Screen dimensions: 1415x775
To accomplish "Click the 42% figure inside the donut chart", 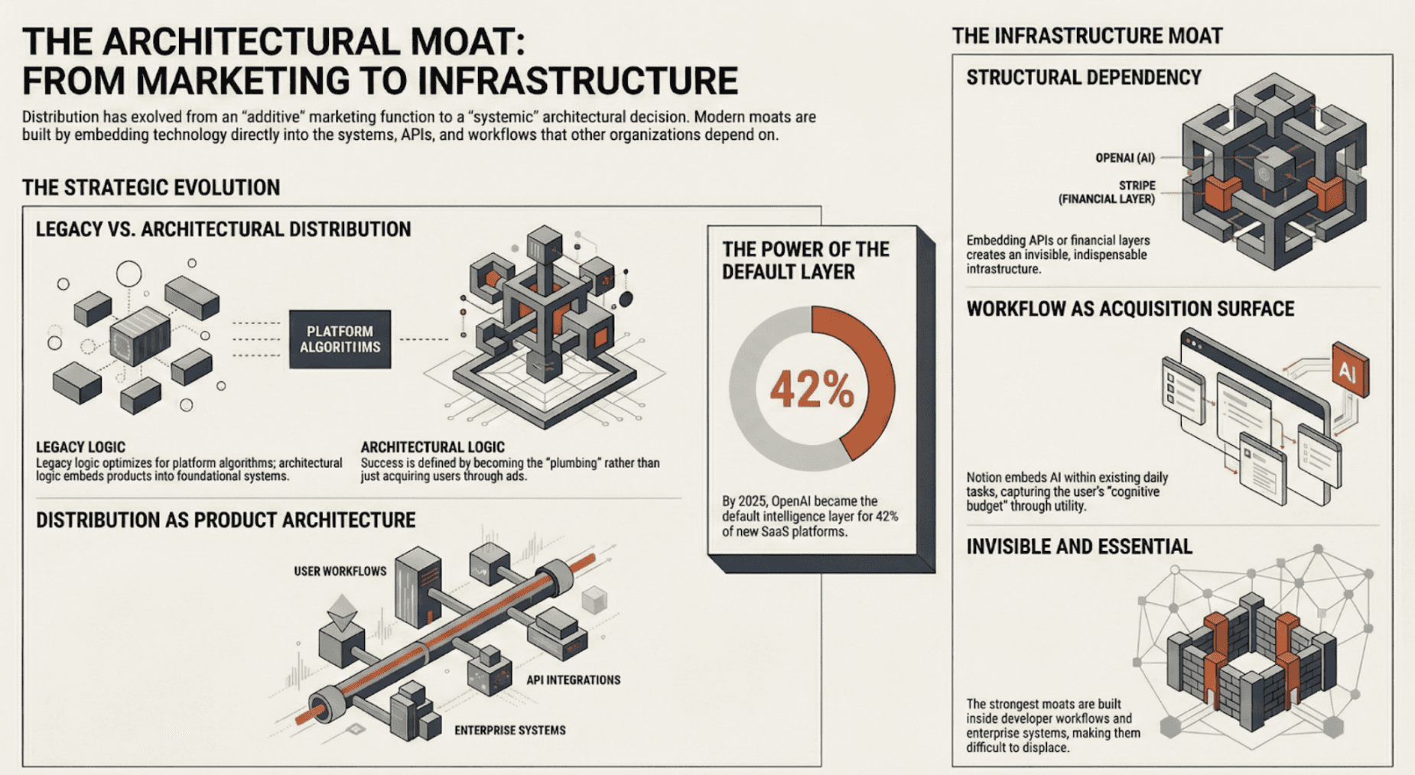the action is pos(812,389).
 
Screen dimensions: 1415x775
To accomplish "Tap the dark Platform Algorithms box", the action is pos(340,339).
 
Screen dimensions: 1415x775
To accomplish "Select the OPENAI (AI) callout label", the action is pos(1124,158).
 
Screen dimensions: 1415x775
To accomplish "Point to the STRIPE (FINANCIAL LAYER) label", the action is pos(1107,192).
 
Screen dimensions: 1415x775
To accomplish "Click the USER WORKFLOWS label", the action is pos(340,571).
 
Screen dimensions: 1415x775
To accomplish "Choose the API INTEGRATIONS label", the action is pos(573,679).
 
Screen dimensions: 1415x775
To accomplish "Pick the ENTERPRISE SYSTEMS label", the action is pos(509,730).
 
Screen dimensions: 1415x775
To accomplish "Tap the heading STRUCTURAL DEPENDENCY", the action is pos(1083,78).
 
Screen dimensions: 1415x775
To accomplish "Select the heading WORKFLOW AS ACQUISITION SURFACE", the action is pos(1130,309).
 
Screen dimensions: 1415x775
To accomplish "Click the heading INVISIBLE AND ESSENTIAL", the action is pos(1078,546).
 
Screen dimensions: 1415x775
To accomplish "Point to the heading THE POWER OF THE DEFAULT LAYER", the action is pos(805,261).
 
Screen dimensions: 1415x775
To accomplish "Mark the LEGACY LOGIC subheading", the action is pos(80,447).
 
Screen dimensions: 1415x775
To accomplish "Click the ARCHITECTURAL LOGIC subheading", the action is pos(432,447).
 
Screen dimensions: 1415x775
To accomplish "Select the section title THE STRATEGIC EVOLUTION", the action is pos(151,187).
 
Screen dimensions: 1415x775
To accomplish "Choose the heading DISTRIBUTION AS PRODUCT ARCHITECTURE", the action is pos(226,520).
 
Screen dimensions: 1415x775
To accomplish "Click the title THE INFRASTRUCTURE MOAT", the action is pos(1087,36).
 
